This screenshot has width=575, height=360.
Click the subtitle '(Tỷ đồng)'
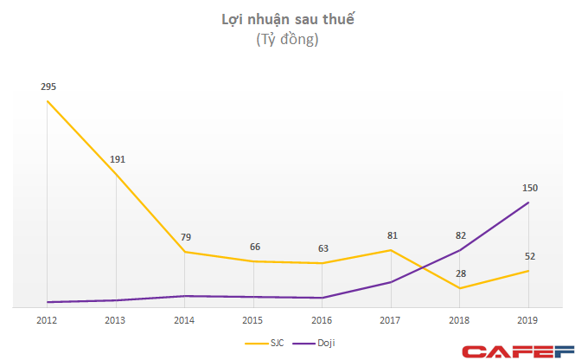[288, 40]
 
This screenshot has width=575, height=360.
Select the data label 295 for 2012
[48, 87]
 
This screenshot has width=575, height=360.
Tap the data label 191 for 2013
[117, 159]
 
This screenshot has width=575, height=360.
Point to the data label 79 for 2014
[185, 238]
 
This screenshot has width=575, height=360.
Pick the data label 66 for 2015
[253, 247]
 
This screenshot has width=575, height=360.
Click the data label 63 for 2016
[323, 249]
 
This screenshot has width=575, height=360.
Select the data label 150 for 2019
[528, 188]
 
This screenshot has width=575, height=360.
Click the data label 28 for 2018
[459, 273]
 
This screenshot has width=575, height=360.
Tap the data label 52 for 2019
[528, 256]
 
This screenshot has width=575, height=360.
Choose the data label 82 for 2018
[459, 235]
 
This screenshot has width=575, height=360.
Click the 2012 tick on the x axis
[48, 319]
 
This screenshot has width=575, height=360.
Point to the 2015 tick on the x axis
[253, 319]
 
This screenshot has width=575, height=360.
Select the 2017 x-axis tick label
[391, 319]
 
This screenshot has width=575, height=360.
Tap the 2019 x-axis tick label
[528, 319]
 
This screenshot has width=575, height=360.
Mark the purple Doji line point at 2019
[528, 202]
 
